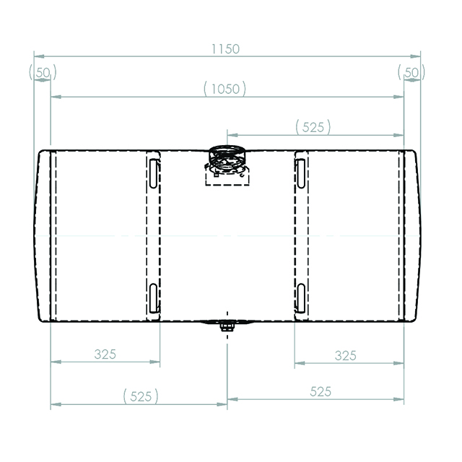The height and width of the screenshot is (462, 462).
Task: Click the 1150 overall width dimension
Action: pos(226,49)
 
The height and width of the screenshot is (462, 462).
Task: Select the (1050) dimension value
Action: pos(225,89)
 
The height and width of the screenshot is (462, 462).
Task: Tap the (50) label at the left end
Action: pos(42,72)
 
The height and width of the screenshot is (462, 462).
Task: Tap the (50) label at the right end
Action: pos(411,72)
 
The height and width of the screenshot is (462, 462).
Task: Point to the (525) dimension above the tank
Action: pos(313,127)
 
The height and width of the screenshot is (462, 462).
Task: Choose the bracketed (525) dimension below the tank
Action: pos(141,396)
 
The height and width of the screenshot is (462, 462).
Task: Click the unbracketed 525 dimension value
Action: pos(321,391)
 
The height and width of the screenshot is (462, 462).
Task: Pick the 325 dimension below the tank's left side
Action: pos(105,354)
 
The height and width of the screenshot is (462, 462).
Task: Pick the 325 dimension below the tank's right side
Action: pos(346,355)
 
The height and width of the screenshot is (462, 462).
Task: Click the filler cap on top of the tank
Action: pos(227,154)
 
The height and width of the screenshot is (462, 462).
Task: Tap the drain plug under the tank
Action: pos(227,328)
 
